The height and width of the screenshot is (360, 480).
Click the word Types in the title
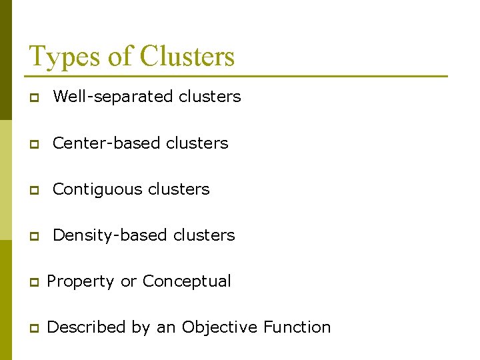[x=63, y=57]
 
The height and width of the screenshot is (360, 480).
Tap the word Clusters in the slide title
[x=187, y=57]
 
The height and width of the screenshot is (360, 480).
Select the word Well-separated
[x=113, y=97]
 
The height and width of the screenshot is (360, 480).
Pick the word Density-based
[x=111, y=235]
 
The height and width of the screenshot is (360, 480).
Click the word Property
[x=81, y=281]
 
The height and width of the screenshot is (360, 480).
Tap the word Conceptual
[x=187, y=281]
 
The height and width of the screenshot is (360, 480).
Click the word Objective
[x=219, y=327]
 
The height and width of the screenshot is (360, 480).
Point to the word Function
[x=297, y=327]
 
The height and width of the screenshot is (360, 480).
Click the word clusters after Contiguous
[x=179, y=189]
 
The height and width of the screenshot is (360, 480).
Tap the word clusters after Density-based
[x=204, y=235]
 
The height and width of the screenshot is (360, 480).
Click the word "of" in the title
[x=120, y=57]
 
